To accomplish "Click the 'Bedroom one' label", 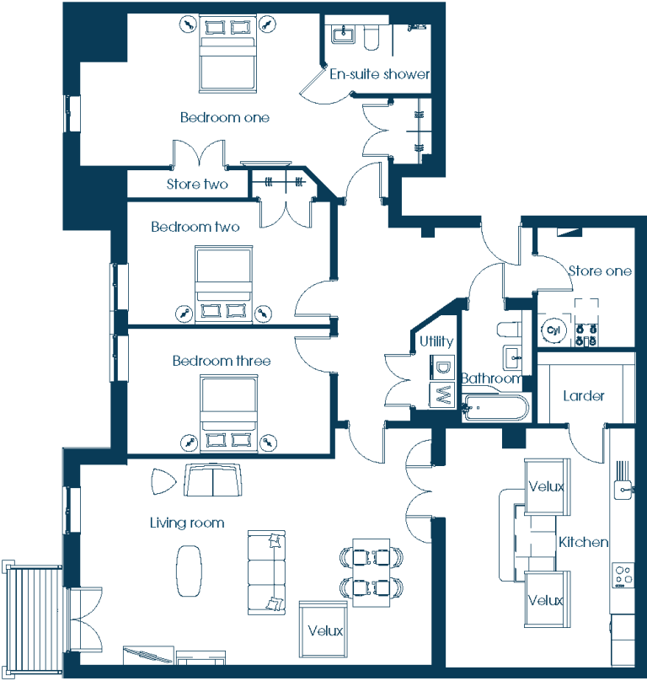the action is pos(224,117).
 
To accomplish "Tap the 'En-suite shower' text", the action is pos(379,74).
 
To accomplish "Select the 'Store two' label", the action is pos(197,184).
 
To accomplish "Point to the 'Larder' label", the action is pos(584,395).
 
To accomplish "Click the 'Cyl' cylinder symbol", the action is pos(553,330).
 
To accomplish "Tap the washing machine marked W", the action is pos(442,395).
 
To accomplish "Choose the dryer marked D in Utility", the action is pos(442,368).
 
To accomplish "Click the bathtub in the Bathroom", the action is pos(495,407).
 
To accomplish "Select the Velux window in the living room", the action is pos(323,630).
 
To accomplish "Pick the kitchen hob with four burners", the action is pos(623,576).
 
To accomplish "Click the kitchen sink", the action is pos(623,490).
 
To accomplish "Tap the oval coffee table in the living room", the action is pos(189,571).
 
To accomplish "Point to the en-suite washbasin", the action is pos(344,34).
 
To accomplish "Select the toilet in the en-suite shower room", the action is pos(372,37).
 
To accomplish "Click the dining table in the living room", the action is pos(372,572).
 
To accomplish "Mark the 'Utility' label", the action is pos(436,342).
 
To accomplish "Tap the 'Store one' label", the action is pos(600,271).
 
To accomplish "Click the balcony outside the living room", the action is pos(33,619).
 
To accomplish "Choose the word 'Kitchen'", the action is pos(583,542).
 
